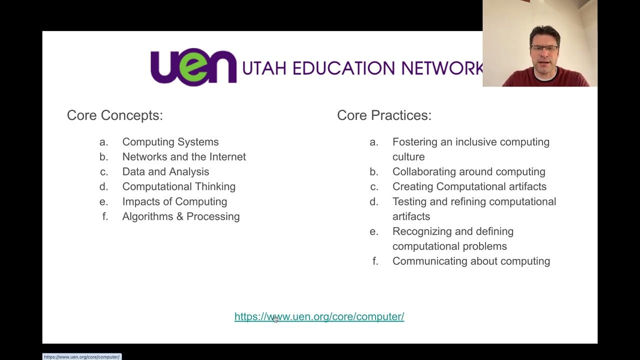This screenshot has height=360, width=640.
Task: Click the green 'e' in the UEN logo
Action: click(193, 68)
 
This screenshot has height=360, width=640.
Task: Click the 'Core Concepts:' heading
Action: click(114, 115)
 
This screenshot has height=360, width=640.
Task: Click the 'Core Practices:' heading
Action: click(384, 115)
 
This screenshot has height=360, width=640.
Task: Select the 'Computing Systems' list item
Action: click(170, 142)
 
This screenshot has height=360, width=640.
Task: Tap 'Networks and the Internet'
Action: click(183, 157)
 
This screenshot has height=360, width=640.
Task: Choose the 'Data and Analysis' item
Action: click(165, 172)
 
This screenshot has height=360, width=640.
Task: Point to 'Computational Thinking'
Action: click(178, 186)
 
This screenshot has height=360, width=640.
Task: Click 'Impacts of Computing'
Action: click(174, 201)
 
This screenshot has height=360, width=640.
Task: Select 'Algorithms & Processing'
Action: click(180, 216)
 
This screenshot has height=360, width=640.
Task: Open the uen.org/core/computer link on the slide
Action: click(319, 316)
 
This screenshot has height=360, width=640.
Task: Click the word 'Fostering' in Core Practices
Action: click(414, 142)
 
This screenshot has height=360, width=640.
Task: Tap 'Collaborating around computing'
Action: click(468, 172)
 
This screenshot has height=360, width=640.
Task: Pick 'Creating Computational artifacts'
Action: click(469, 186)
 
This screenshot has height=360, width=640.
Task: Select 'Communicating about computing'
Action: click(471, 261)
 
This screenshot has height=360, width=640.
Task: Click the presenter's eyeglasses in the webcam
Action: click(544, 48)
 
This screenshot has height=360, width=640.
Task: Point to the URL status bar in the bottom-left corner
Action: click(81, 357)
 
